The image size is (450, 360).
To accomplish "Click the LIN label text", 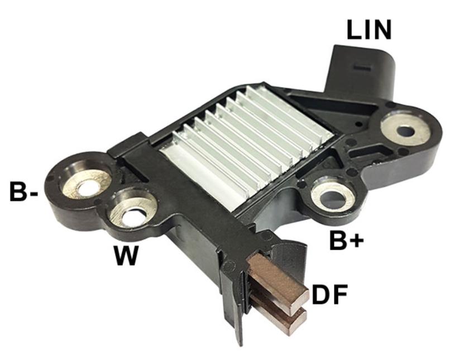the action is coord(369,29).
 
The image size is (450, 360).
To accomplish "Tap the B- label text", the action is coord(23,191).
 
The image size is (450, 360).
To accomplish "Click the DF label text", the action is coord(330,294).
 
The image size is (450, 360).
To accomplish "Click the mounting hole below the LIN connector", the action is coord(405,131).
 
